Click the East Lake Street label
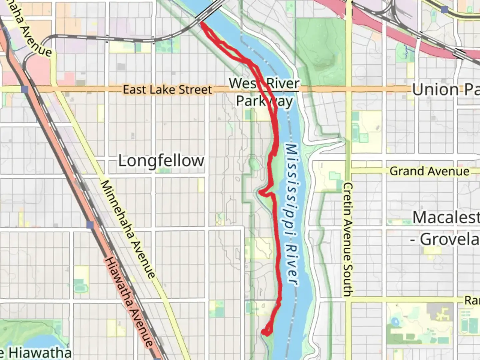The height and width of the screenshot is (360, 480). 167,90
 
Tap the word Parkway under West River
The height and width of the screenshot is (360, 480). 264,101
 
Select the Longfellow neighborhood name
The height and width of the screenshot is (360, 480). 161,161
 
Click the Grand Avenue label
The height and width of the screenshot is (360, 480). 429,171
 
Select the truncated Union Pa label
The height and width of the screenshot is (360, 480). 445,90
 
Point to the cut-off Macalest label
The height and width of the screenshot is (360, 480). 446,218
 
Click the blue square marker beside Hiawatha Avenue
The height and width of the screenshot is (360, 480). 89,225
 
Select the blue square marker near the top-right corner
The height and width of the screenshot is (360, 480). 444,9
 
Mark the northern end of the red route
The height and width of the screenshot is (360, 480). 201,23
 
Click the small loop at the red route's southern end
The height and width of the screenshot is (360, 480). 266,331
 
